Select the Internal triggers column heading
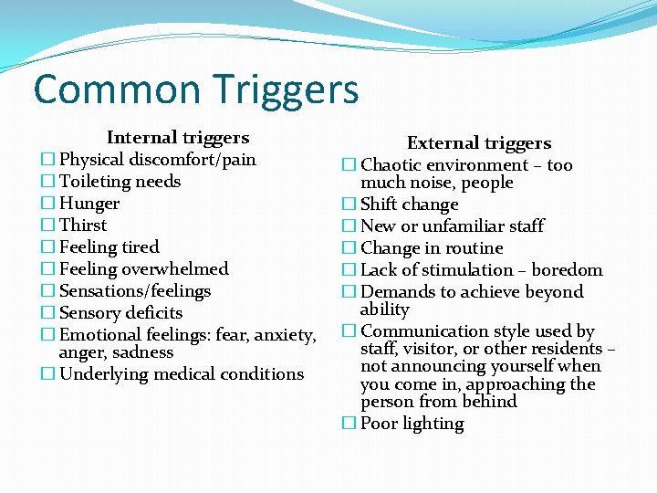tap(178, 138)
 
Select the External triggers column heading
tap(479, 143)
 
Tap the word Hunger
tap(89, 204)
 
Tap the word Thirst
tap(83, 226)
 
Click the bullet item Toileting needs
tap(120, 182)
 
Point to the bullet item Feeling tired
tap(109, 247)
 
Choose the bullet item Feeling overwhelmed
tap(143, 269)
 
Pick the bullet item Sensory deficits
tap(120, 313)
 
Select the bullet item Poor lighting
tap(412, 424)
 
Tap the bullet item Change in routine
tap(432, 248)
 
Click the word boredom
tap(567, 270)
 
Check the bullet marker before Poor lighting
tap(349, 424)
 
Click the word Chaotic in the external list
tap(392, 165)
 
